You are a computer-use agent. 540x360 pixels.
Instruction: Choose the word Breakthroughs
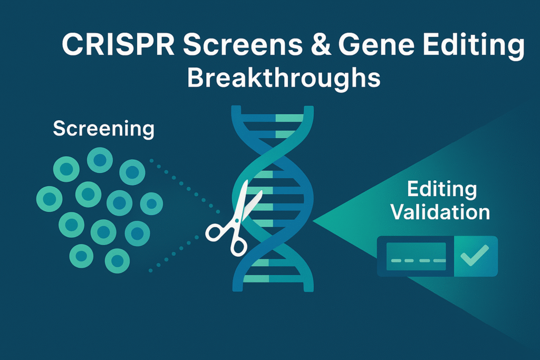coord(284,77)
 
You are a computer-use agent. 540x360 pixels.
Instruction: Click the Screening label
coord(104,129)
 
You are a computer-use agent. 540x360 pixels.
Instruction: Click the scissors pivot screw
coord(237,220)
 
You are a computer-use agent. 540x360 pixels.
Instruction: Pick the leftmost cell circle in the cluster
coord(49,199)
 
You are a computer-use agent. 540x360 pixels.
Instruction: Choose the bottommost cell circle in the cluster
coord(117,260)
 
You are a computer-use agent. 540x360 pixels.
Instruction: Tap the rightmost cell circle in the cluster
coord(151,203)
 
